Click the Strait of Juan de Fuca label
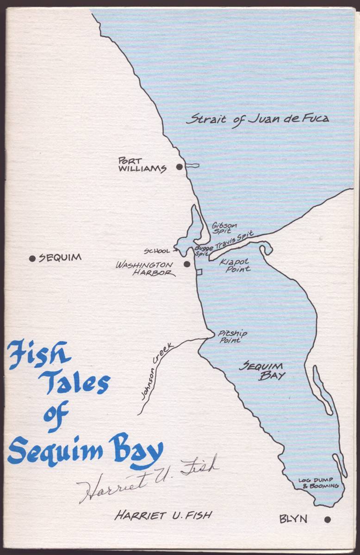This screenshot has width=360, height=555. tap(257, 118)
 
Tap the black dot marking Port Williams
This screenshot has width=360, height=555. tap(180, 166)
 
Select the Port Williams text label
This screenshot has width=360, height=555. tap(142, 165)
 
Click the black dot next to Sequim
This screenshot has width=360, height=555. tap(32, 259)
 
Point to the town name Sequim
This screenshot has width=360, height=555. tap(60, 258)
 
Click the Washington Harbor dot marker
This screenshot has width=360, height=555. tap(187, 264)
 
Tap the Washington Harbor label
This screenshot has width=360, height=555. tap(145, 269)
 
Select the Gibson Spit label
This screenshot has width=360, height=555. tap(224, 228)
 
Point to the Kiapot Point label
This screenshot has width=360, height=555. tap(235, 265)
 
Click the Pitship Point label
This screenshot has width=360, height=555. tap(232, 336)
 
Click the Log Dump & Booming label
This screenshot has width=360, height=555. tap(318, 483)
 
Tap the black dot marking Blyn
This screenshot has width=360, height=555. tap(328, 519)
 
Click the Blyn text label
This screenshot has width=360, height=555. tap(293, 519)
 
